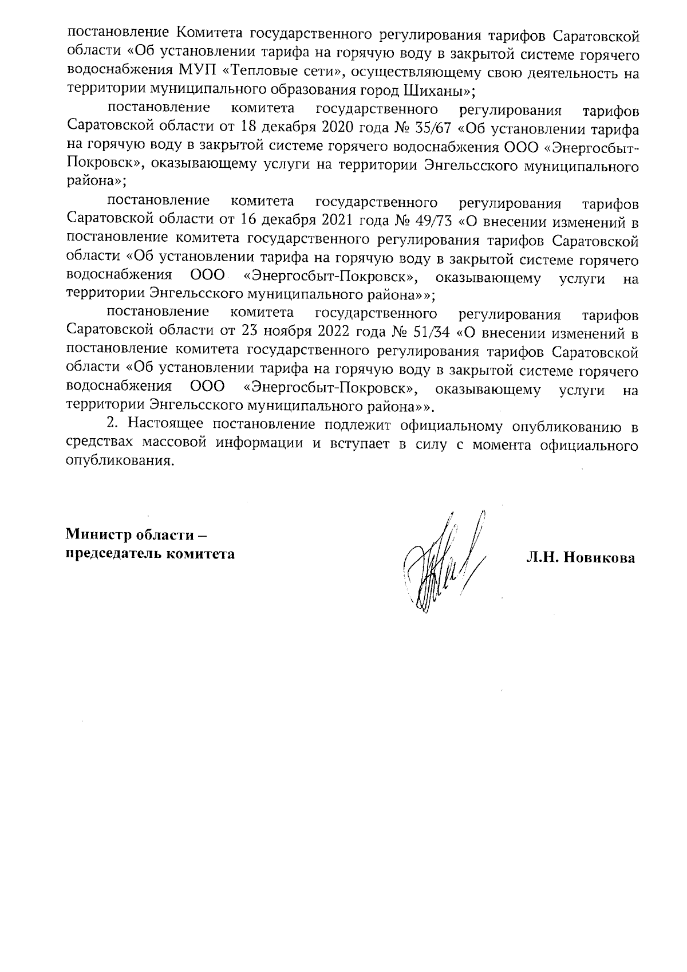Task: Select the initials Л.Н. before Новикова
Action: point(544,558)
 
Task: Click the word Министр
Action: point(98,535)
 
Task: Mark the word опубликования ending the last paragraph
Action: point(119,462)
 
